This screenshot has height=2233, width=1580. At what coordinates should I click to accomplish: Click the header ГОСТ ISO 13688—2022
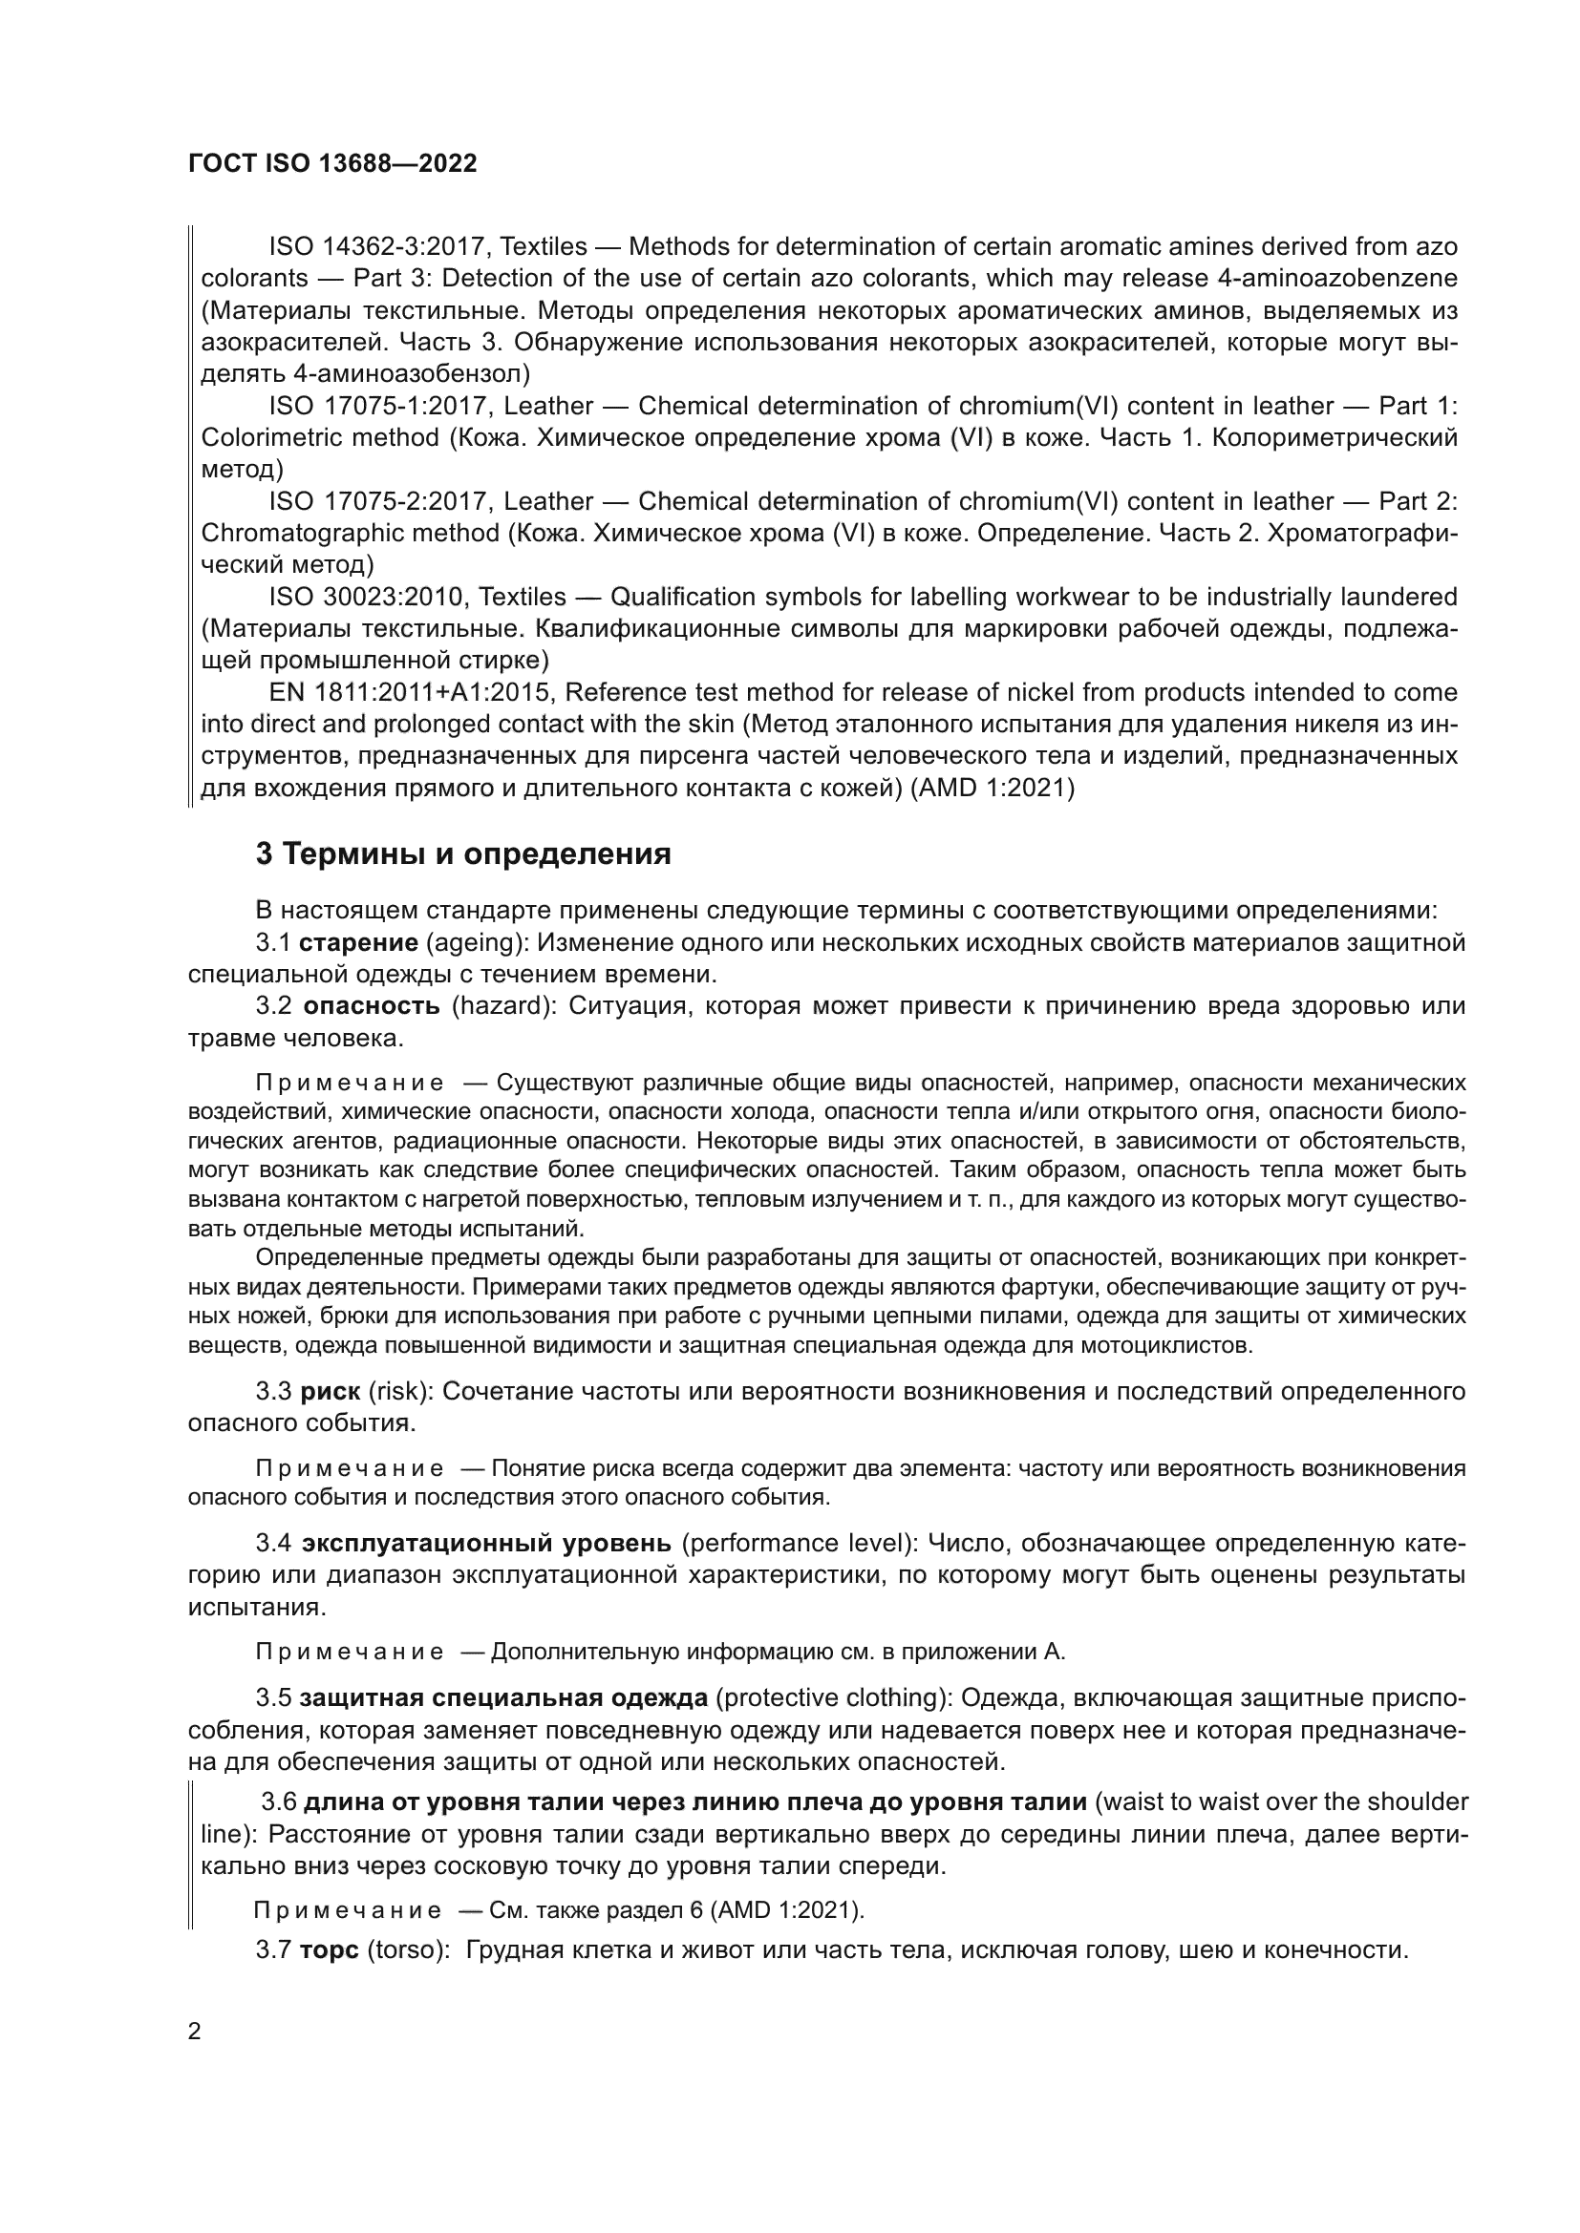[331, 163]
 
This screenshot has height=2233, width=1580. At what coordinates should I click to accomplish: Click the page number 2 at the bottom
[195, 2031]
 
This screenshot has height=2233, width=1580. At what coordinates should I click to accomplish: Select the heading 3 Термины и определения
[463, 853]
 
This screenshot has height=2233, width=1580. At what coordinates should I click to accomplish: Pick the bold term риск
[330, 1392]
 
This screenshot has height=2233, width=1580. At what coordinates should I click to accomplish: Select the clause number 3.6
[278, 1802]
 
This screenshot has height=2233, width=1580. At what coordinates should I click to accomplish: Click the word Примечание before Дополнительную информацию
[350, 1652]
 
